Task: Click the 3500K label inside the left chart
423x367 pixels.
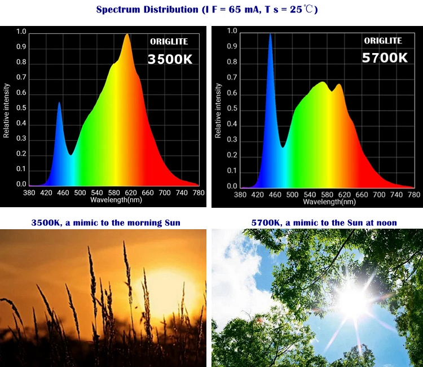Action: [170, 59]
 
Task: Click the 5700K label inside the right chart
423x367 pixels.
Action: [385, 58]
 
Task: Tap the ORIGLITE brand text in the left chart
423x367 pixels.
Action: [169, 42]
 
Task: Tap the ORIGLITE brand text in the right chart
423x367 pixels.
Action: [383, 41]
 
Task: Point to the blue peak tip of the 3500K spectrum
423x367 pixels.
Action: [59, 102]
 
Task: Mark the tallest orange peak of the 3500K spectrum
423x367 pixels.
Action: [127, 34]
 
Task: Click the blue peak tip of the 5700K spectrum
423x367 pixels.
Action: [270, 34]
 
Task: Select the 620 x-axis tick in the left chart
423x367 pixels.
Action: [131, 193]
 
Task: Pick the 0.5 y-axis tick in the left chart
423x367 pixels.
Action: [21, 108]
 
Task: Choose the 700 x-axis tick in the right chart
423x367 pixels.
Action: [379, 195]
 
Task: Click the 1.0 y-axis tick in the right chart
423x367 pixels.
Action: [232, 31]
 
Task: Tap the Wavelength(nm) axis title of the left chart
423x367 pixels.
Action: [116, 200]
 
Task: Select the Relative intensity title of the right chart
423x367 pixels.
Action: [218, 111]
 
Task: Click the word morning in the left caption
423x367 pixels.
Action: [144, 223]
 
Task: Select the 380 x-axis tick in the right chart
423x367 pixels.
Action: [240, 195]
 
